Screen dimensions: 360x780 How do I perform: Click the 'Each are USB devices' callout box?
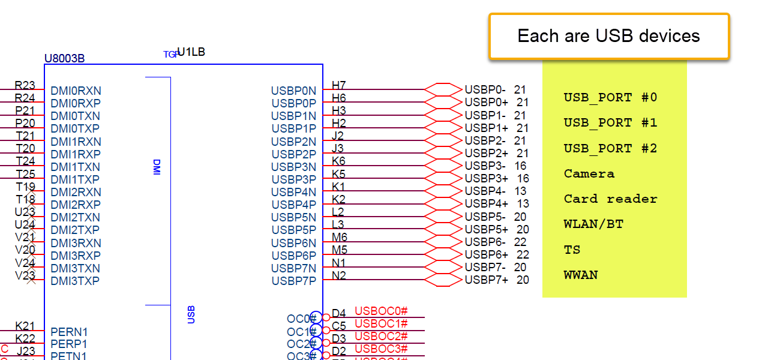(x=608, y=36)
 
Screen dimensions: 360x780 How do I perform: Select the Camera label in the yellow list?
(x=589, y=174)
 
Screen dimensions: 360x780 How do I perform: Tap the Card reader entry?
(x=610, y=199)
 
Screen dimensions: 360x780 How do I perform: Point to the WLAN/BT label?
(x=593, y=224)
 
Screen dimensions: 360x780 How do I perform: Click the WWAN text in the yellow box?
(x=581, y=275)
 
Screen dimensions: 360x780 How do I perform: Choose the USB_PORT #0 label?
(x=610, y=98)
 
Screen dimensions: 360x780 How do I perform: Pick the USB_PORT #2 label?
(x=610, y=149)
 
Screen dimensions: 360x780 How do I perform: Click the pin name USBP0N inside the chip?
(x=293, y=91)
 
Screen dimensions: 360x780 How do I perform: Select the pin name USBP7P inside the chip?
(x=293, y=281)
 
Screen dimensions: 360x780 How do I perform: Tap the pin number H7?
(x=339, y=86)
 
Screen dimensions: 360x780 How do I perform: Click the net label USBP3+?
(x=486, y=179)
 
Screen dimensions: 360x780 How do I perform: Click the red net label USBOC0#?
(x=381, y=311)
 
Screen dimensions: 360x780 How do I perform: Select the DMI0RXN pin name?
(x=76, y=91)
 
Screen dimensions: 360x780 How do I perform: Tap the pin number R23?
(x=25, y=86)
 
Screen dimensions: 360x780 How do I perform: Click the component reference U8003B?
(x=64, y=59)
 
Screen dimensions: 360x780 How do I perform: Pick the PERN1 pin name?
(x=69, y=332)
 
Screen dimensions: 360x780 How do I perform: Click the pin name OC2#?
(x=301, y=344)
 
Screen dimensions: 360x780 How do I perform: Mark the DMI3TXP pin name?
(x=75, y=281)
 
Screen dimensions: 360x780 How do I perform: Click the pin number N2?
(x=339, y=276)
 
